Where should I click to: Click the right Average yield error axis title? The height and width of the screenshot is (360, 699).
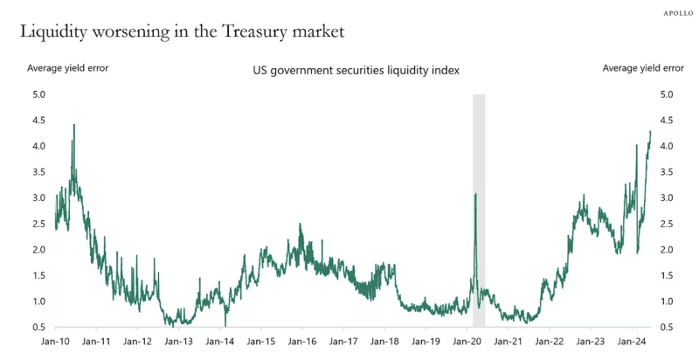tap(643, 67)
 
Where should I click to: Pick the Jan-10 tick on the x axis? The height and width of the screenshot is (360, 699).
tap(56, 343)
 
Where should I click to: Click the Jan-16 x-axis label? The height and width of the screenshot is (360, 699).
tap(301, 343)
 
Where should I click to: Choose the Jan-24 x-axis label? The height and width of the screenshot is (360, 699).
tap(632, 343)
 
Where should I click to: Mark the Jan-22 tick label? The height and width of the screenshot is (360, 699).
tap(549, 343)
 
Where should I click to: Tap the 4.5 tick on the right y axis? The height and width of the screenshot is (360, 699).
tap(666, 121)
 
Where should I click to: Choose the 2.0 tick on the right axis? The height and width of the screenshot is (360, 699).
tap(666, 250)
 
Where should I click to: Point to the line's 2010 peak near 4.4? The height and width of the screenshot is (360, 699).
tap(73, 125)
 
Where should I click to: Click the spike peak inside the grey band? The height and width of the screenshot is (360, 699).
tap(475, 194)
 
